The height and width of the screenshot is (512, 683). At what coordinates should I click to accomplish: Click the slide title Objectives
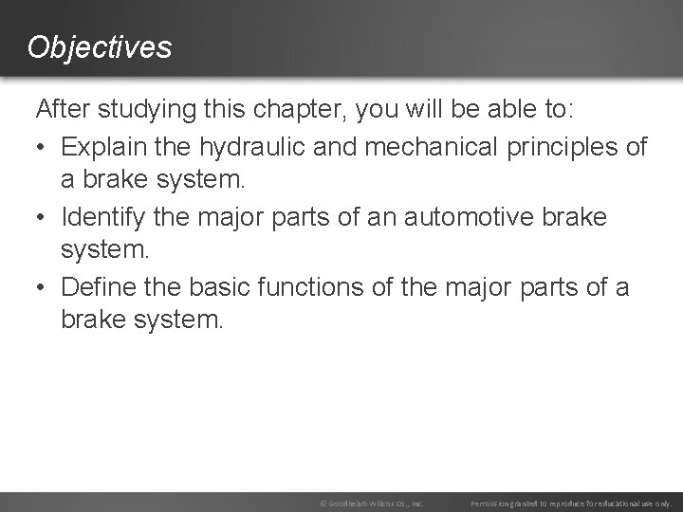tap(100, 46)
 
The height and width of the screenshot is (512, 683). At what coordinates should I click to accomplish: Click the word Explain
tap(108, 148)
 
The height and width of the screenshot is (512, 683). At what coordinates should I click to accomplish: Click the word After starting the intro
tap(62, 112)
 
